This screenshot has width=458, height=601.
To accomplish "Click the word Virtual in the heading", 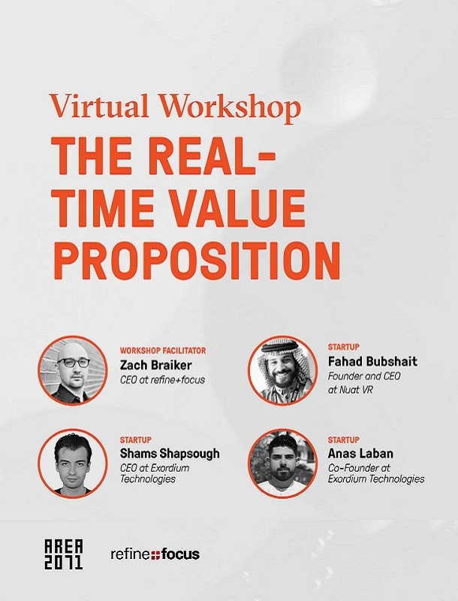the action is coord(99,105).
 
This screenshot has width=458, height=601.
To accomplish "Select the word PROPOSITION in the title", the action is coord(197,261).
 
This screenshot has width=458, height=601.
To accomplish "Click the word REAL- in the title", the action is coord(210,157).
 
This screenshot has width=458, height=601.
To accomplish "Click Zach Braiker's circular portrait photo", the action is coord(73,370).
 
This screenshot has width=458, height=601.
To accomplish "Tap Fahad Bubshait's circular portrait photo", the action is coord(282,370).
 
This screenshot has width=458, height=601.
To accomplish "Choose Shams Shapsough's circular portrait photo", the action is coord(73,463).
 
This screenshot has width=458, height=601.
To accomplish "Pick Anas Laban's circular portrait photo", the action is coord(282,463).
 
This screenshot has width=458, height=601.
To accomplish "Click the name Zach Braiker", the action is coord(156,365).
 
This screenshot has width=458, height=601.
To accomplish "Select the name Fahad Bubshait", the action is coord(372,361).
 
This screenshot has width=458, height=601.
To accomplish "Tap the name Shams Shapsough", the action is coord(170,454).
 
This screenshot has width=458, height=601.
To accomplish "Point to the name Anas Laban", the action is coord(360,454).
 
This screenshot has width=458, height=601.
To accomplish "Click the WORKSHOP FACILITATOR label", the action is coord(163,350).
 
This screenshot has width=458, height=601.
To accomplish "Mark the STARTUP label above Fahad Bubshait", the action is coord(344,347).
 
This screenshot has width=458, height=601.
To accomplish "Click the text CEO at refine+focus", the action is coord(162,380).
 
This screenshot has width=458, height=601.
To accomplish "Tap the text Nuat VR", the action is coord(356,390).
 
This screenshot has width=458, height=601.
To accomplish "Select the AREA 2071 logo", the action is coord(64,554).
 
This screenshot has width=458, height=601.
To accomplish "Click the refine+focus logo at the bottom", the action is coord(155,554).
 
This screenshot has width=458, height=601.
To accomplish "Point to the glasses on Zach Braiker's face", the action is coord(74,363).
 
